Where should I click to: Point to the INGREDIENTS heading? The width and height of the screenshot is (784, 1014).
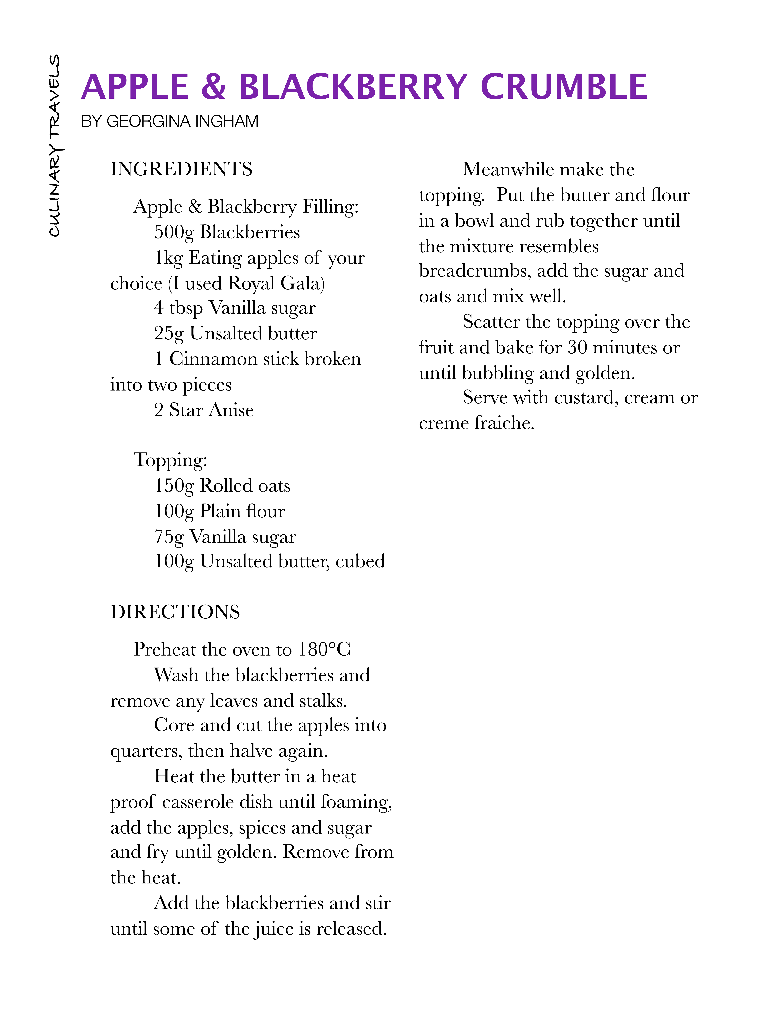point(181,169)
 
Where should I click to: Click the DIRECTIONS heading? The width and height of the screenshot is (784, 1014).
point(175,612)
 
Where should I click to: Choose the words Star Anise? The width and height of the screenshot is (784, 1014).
point(211,410)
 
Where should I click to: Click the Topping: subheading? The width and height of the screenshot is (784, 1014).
point(170,460)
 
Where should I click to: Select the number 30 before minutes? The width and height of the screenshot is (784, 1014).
point(577,347)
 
